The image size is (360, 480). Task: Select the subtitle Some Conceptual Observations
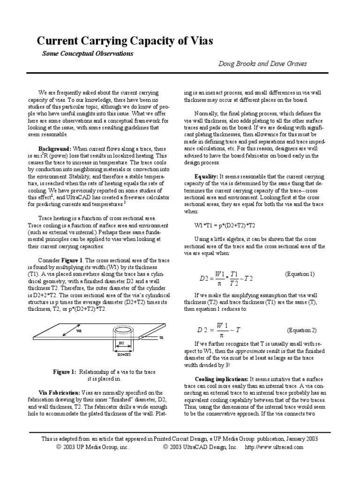[x=88, y=53]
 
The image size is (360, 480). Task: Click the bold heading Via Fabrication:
[x=59, y=392]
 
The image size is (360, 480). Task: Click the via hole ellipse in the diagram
[x=122, y=330]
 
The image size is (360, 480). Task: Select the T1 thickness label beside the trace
[x=161, y=337]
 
